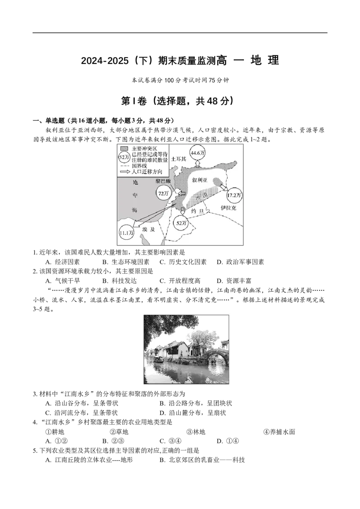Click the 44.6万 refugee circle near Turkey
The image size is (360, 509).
click(197, 153)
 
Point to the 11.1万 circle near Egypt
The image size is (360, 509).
click(126, 232)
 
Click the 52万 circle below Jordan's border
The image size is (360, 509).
click(181, 223)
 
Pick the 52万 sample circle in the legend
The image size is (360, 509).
click(125, 158)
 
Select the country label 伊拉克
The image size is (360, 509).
click(229, 208)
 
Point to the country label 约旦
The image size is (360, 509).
click(197, 210)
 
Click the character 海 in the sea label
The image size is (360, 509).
click(134, 210)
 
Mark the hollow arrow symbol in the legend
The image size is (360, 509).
click(125, 172)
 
